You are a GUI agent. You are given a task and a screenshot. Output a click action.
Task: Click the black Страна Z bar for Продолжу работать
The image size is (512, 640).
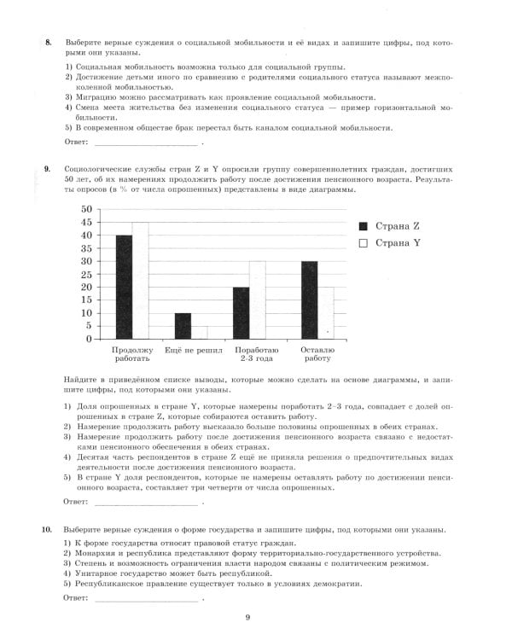click(125, 287)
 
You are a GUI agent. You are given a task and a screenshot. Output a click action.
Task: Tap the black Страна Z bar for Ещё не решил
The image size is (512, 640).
click(183, 326)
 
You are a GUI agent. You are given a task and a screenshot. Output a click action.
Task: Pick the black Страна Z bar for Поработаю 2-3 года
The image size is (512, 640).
click(241, 312)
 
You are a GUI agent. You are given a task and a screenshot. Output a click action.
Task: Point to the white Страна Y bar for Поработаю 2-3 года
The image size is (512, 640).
click(257, 300)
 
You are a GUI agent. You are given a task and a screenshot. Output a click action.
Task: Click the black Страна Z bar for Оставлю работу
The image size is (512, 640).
click(309, 300)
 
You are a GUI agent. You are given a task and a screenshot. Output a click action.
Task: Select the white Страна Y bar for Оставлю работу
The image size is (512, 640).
click(324, 312)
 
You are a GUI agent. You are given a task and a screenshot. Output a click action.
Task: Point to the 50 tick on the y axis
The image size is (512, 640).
click(86, 209)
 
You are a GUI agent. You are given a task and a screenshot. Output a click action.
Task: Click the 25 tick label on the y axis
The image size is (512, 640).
click(86, 274)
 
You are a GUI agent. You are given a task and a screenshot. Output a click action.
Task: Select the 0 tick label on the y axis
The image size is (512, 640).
click(89, 339)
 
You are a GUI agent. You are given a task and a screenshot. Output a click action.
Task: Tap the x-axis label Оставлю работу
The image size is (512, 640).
click(317, 355)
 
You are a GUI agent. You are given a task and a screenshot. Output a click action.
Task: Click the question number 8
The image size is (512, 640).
click(48, 42)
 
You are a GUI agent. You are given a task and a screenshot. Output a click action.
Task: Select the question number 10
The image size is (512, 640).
click(47, 530)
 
